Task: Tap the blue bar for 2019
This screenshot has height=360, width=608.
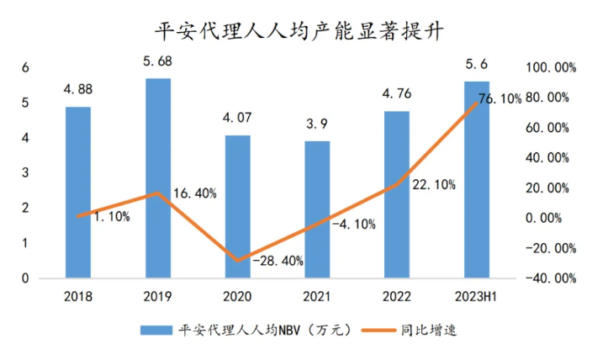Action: click(157, 177)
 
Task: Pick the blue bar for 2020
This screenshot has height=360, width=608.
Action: click(237, 206)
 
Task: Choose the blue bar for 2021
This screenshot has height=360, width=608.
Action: click(317, 209)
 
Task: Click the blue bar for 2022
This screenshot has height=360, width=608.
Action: click(397, 194)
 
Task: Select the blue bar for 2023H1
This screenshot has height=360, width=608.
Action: click(477, 179)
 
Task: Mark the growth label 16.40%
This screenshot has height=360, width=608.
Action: click(194, 193)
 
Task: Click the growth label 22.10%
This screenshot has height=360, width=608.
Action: click(433, 184)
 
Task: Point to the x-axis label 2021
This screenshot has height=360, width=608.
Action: click(317, 296)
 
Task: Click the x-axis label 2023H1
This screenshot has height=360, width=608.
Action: click(477, 296)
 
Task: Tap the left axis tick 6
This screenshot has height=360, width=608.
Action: click(25, 67)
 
